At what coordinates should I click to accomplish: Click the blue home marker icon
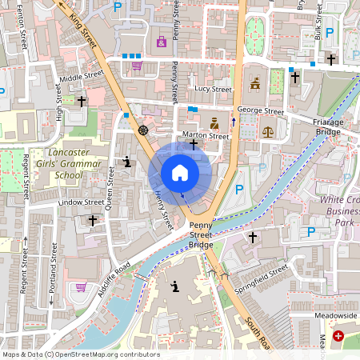click(x=180, y=173)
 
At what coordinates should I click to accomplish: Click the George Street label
click(x=260, y=110)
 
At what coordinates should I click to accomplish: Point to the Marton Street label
click(x=206, y=136)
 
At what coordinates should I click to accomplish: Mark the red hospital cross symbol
click(x=338, y=336)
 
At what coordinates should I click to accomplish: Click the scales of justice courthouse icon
click(x=267, y=129)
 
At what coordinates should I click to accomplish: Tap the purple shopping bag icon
click(x=162, y=41)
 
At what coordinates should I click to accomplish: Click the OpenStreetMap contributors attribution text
click(x=80, y=354)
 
